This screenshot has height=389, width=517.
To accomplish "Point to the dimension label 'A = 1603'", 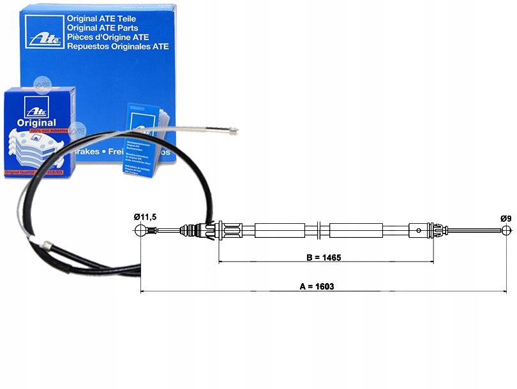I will tap(317, 286).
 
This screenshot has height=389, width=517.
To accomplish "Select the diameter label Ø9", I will tap(506, 218).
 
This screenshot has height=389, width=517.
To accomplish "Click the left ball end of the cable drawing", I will tap(142, 230).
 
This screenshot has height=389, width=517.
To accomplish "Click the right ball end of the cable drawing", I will tap(506, 230).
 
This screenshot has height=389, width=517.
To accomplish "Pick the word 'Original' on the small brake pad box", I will tap(37, 122).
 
